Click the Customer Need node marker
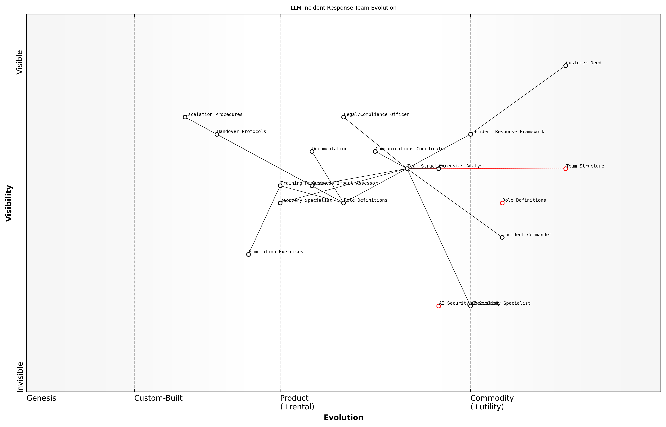point(566,66)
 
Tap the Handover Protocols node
point(217,134)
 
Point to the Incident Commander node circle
point(502,237)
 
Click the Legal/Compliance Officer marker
point(344,117)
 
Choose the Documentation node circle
point(312,151)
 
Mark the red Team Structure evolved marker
point(566,169)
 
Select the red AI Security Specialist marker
point(439,306)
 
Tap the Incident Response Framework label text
point(508,132)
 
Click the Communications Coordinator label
point(411,149)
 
